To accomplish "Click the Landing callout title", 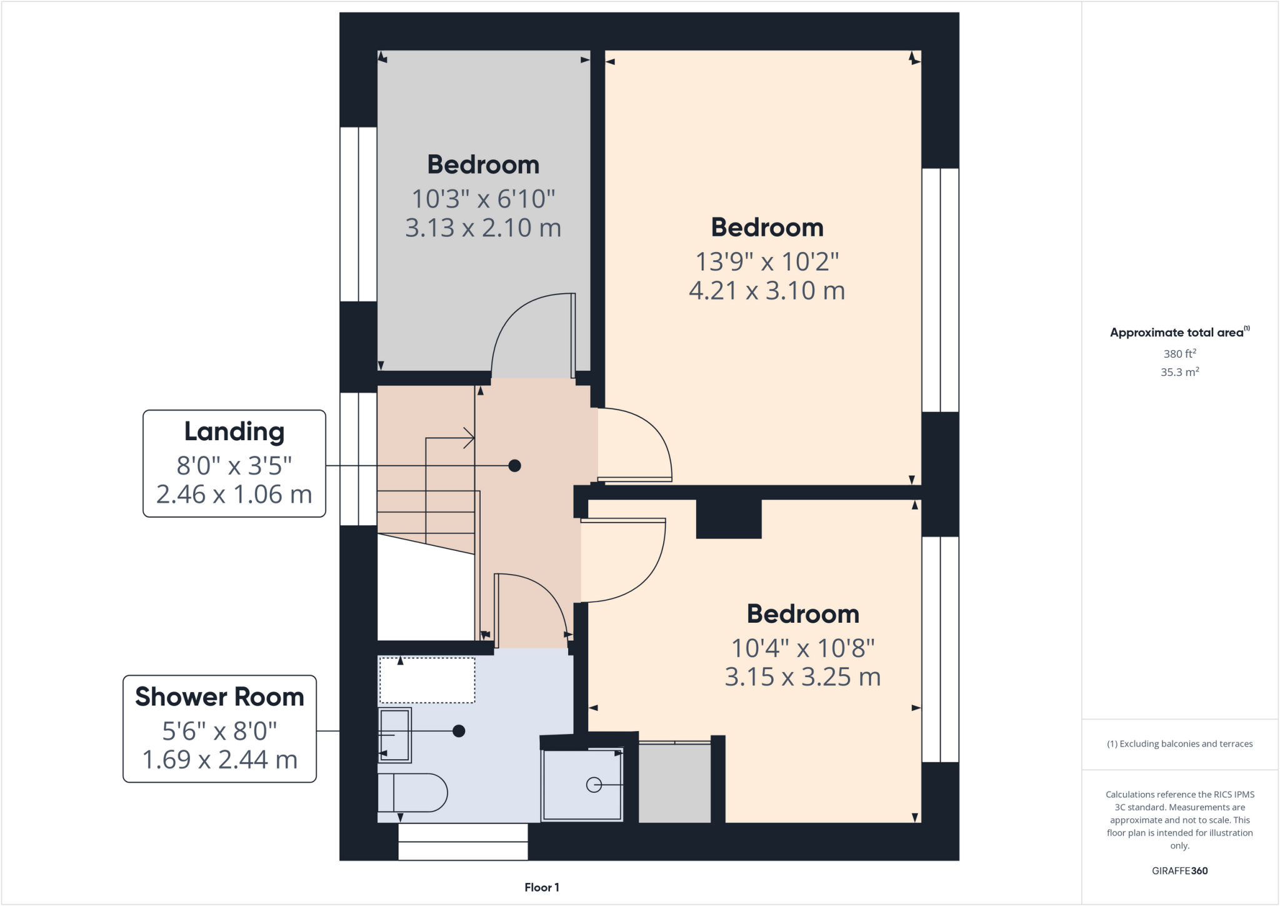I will (x=234, y=431).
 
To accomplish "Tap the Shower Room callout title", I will (x=219, y=697).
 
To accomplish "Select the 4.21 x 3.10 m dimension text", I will (x=767, y=291).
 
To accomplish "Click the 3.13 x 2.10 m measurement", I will (x=483, y=228).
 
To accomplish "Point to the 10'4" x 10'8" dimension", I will (x=802, y=648).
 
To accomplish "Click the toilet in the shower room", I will (x=412, y=792).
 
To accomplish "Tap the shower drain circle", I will (x=594, y=785).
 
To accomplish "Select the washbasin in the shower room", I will (x=395, y=735).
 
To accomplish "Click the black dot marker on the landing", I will (x=514, y=465).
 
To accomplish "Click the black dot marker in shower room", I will (x=459, y=730).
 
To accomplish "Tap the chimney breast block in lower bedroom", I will (x=729, y=519).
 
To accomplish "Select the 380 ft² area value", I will (x=1179, y=354).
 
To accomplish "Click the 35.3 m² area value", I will (x=1179, y=372).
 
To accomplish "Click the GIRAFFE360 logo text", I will (x=1179, y=870).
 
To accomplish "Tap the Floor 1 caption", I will (x=542, y=887).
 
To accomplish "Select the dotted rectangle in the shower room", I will (x=427, y=680).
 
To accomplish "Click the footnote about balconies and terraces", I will (x=1179, y=744).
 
